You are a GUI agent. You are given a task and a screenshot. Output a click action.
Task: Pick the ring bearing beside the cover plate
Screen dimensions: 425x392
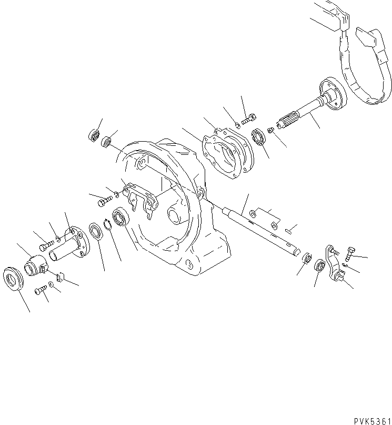259,138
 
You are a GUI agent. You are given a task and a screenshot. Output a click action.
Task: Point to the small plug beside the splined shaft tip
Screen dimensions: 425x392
269,130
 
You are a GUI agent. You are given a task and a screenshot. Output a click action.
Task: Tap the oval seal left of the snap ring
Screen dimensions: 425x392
96,232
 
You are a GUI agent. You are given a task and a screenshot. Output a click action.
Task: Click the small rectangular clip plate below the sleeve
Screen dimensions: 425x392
59,276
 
